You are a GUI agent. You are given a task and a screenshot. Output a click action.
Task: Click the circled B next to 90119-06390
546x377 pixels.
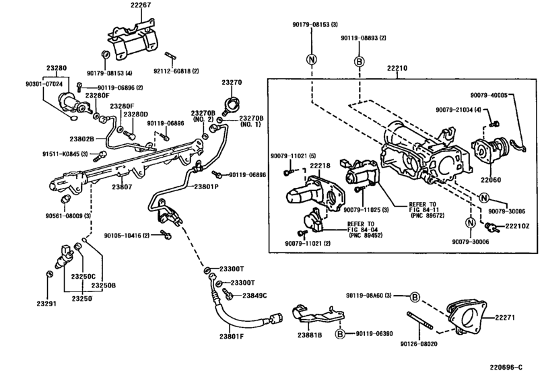pos(341,333)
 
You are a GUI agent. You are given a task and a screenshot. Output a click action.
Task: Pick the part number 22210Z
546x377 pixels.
pos(518,225)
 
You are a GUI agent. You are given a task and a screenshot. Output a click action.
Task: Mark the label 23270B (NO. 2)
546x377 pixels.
pos(202,116)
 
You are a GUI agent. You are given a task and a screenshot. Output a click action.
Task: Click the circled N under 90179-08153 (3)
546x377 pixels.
pos(312,59)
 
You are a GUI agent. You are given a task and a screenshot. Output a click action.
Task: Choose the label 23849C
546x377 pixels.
pos(254,296)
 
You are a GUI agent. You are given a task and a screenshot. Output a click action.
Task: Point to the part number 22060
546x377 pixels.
pos(490,180)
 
